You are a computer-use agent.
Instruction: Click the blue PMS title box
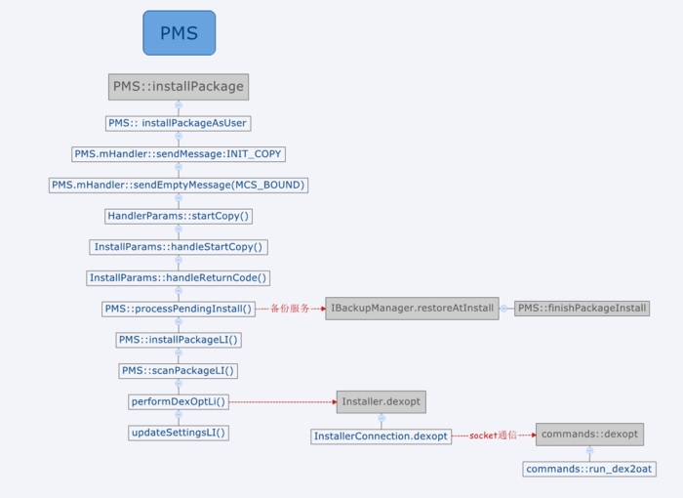[179, 33]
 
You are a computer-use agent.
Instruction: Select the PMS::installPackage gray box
[179, 86]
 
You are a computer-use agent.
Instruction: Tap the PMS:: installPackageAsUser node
[179, 123]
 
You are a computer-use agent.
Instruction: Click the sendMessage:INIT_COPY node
[179, 154]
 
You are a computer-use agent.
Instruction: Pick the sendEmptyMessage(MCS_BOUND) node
[179, 185]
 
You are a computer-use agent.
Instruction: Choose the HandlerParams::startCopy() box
[179, 216]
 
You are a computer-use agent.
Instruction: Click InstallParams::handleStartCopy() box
[179, 247]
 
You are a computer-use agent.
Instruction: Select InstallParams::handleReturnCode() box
[179, 277]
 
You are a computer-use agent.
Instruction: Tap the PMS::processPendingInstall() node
[179, 309]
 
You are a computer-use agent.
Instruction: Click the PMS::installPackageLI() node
[179, 340]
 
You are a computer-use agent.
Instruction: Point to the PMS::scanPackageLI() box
[179, 370]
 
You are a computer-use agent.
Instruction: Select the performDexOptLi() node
[179, 401]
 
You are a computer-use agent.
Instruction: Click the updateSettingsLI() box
[179, 433]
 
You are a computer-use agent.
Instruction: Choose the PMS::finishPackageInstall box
[582, 309]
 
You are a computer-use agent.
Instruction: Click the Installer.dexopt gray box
[382, 401]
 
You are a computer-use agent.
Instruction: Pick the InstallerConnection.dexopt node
[382, 436]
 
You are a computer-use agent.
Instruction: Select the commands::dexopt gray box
[589, 435]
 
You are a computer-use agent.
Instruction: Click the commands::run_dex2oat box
[589, 469]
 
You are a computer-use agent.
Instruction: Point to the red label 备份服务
[290, 309]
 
